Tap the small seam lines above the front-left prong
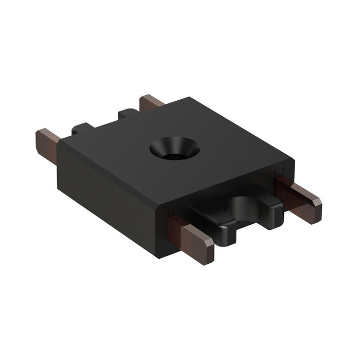coord(172,211)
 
